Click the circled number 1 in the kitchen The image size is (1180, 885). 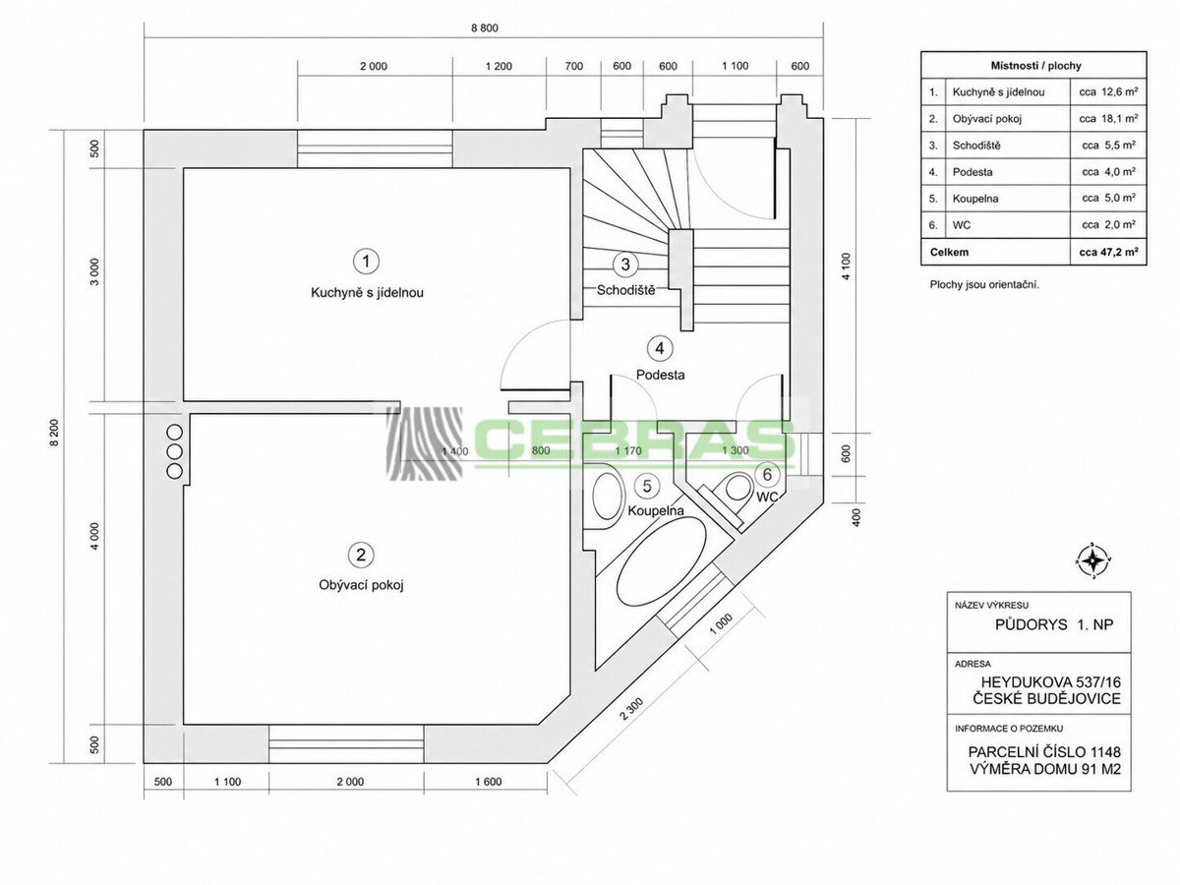[x=366, y=262]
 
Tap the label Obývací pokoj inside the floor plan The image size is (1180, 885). [x=361, y=585]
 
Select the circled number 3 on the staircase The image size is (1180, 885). [x=625, y=264]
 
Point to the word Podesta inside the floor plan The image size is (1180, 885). [x=660, y=375]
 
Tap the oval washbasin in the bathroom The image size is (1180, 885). [x=608, y=493]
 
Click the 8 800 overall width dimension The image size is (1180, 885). [x=485, y=28]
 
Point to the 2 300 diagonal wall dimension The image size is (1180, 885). [x=631, y=709]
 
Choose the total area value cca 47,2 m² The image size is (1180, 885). [x=1108, y=252]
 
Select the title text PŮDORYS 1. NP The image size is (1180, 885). [x=1054, y=624]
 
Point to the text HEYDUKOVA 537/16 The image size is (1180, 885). [x=1050, y=681]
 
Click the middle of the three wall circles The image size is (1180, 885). [x=175, y=450]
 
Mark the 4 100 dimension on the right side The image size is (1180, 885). [x=847, y=266]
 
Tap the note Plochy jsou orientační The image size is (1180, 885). [x=984, y=285]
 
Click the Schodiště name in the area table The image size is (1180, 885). [x=976, y=146]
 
